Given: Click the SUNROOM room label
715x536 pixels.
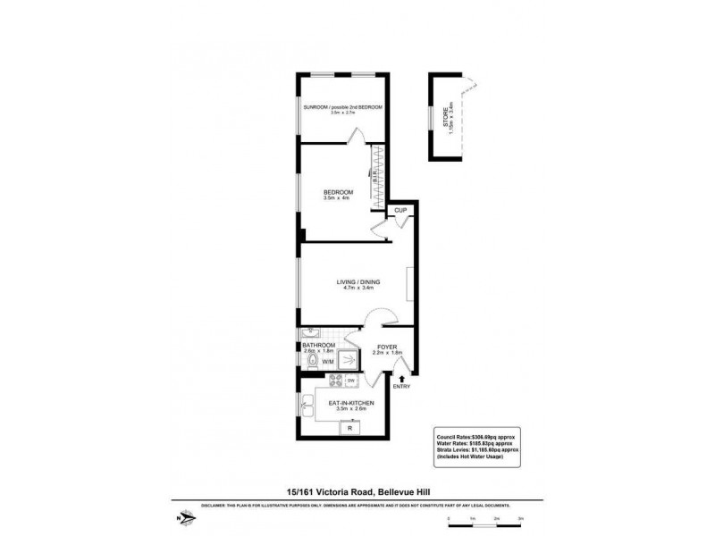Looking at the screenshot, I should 343,107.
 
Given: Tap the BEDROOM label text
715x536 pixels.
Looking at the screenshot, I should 338,192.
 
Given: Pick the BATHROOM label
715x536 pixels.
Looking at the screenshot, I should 318,346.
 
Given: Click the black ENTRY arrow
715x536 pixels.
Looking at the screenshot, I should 401,380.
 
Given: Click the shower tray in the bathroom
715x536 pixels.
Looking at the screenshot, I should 347,359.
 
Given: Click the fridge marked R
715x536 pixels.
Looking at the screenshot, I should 349,428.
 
